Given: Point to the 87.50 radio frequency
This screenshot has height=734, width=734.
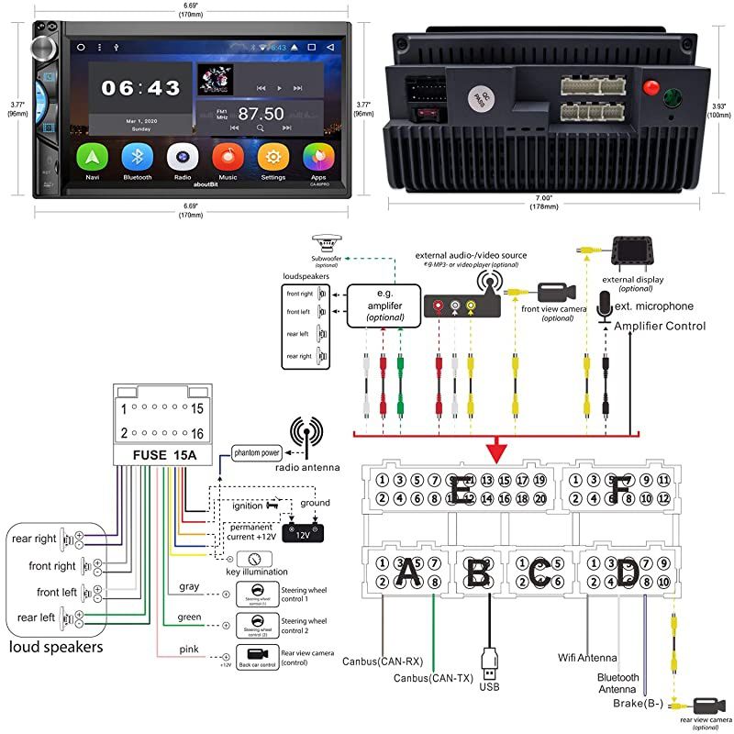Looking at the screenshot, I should [261, 113].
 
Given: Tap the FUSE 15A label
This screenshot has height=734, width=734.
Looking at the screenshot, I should [159, 454].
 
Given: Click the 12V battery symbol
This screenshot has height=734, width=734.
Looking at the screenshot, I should [302, 530].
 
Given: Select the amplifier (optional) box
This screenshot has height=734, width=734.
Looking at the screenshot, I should [379, 304].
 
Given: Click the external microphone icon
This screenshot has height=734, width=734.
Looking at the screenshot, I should [605, 306].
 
